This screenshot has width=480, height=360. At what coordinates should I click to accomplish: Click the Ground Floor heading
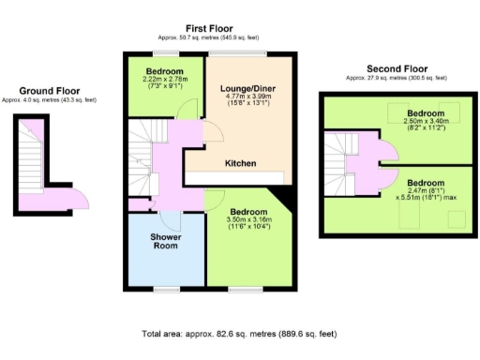(42, 91)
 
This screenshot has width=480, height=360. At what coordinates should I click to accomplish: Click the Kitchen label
(241, 164)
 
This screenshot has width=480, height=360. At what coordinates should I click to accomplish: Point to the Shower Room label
(167, 243)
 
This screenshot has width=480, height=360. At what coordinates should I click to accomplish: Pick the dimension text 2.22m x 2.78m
(168, 80)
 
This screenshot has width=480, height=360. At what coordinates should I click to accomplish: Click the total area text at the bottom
(239, 333)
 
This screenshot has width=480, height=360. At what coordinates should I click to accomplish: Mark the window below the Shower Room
(167, 289)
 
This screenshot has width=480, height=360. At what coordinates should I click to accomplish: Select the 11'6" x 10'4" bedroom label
(250, 212)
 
